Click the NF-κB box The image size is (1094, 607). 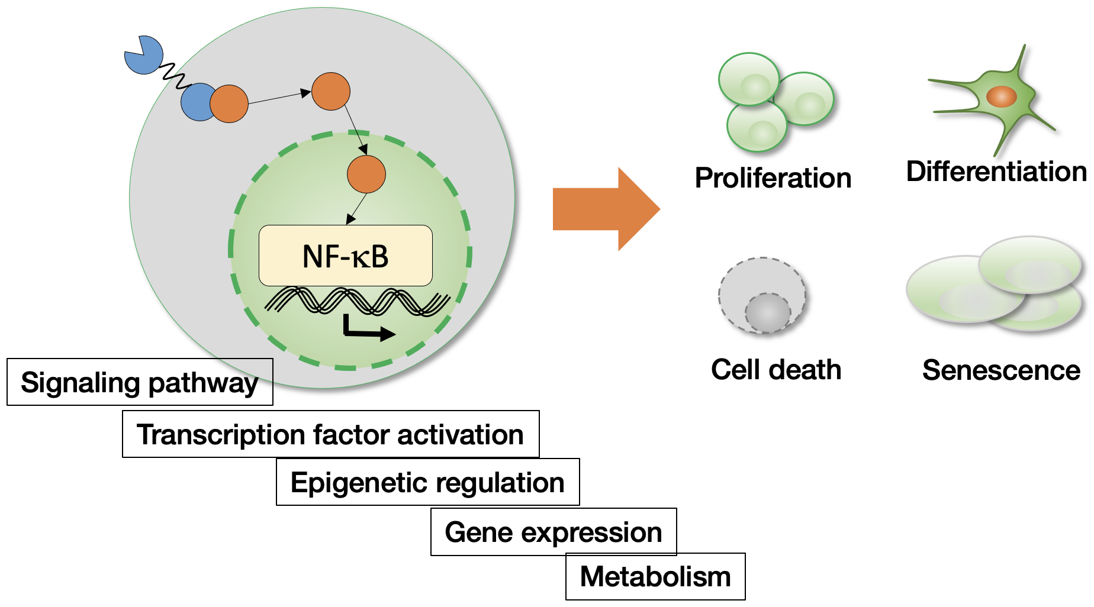(x=345, y=256)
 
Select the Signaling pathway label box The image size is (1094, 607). (x=140, y=382)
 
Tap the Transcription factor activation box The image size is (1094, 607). (x=330, y=434)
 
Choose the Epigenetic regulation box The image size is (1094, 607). (x=427, y=482)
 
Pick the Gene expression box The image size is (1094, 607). (x=553, y=532)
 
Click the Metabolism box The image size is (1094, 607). (x=655, y=576)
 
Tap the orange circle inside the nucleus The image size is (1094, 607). (x=366, y=174)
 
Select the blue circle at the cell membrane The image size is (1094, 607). (x=197, y=102)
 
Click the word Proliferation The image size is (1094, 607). (x=773, y=178)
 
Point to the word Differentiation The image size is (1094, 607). (x=996, y=172)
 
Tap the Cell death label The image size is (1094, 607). (x=776, y=370)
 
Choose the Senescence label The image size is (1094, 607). (x=1001, y=370)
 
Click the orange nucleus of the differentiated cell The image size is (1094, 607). (x=1001, y=96)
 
